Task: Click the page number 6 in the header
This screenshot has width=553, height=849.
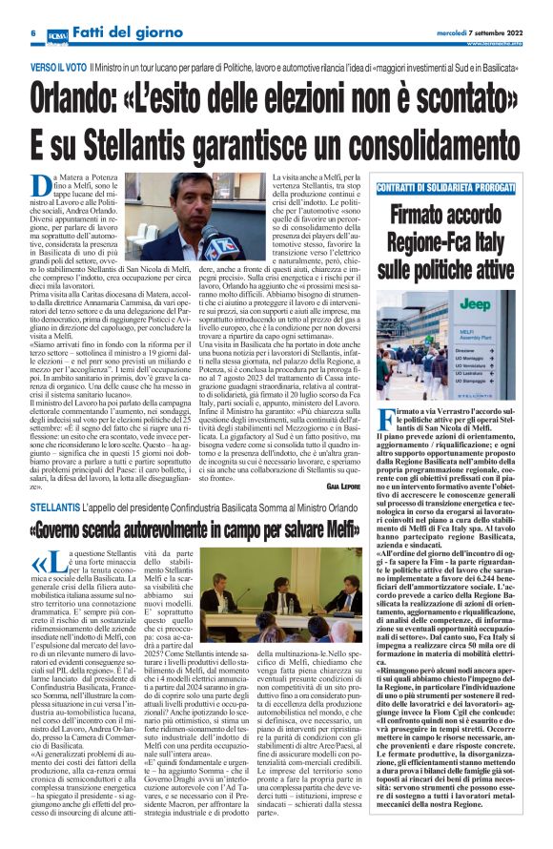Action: tap(7, 33)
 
